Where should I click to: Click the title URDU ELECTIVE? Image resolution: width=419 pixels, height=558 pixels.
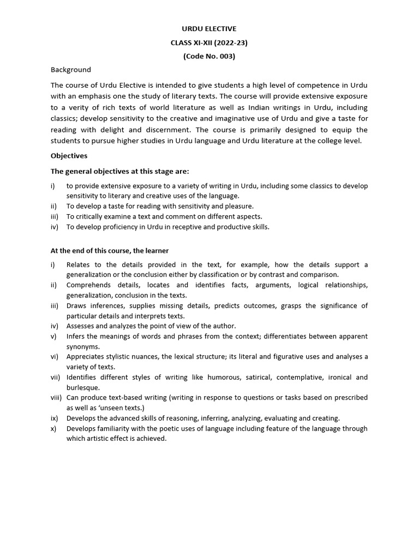tap(209, 29)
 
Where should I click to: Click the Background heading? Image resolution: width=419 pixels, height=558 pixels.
tap(71, 70)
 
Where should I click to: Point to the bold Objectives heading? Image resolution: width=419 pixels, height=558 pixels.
tap(69, 156)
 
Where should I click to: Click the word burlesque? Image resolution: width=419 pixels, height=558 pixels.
tap(83, 387)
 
